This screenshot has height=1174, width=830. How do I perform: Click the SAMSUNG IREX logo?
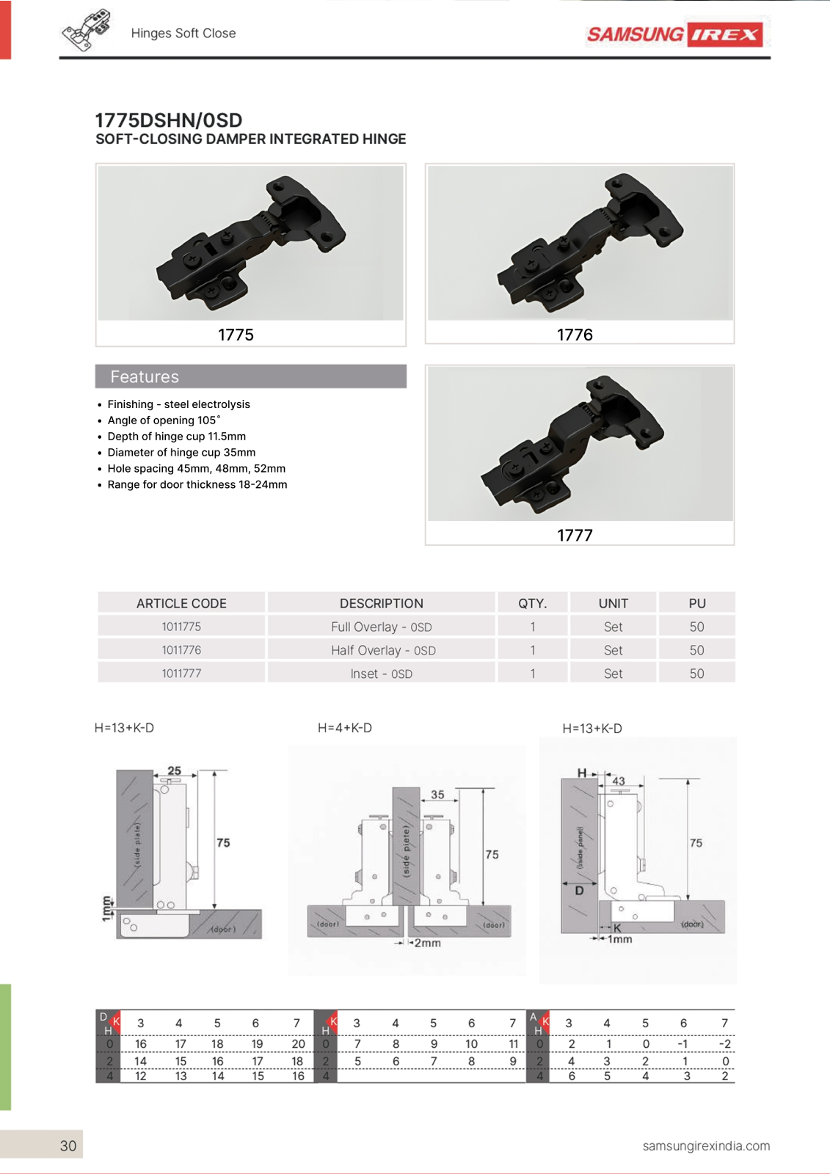[675, 34]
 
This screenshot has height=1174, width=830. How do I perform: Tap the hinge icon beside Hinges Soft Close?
[87, 29]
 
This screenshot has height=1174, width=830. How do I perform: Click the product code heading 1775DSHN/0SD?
[168, 120]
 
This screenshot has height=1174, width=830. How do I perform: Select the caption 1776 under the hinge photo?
[575, 335]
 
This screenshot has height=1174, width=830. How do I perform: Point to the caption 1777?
[575, 535]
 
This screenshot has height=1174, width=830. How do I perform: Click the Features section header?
[251, 376]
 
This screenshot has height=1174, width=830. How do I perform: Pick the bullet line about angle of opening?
[164, 420]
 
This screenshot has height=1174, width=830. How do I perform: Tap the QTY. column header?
[532, 603]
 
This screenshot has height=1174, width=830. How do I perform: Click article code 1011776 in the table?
[181, 650]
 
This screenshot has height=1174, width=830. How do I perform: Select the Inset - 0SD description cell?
[381, 674]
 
